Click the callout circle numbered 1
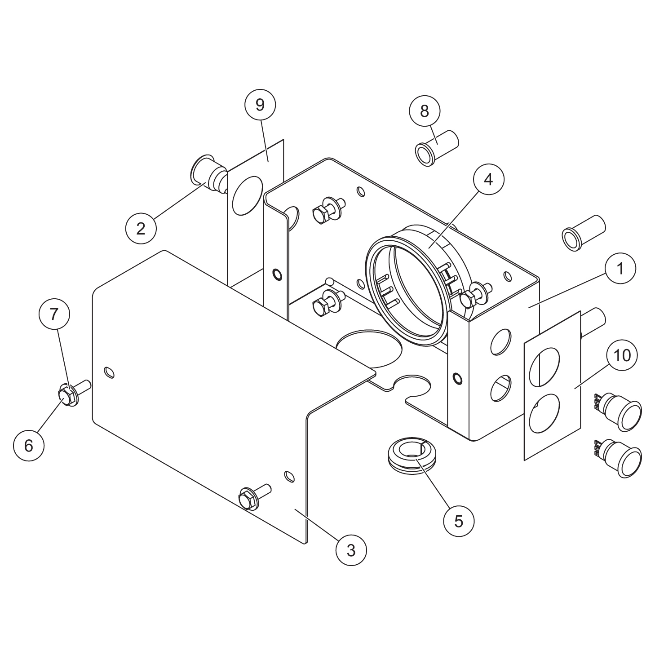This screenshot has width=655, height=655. point(620,268)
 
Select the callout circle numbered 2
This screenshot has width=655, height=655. point(141,228)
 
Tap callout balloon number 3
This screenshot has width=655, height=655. point(351,549)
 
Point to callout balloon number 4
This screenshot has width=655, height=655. point(488,179)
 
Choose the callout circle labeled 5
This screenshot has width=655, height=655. point(458,521)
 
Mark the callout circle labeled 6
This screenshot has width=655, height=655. point(29,445)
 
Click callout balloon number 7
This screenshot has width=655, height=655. point(54,314)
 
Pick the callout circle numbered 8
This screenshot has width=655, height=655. point(425,111)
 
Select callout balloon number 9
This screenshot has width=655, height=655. point(260,105)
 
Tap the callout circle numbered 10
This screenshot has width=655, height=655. point(622,355)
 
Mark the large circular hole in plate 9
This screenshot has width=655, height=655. point(247,195)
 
